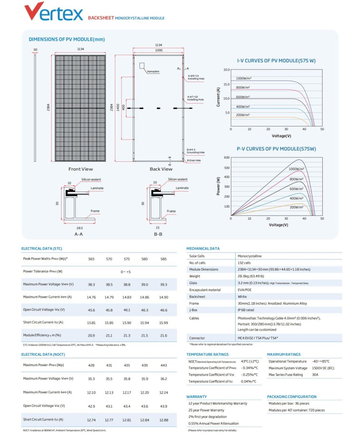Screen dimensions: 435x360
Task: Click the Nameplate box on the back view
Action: point(142,65)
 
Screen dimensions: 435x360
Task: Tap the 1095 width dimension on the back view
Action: point(159,50)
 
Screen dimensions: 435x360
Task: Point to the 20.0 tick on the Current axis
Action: point(226,70)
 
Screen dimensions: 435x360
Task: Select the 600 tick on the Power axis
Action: point(227,157)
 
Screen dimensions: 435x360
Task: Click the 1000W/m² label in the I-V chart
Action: point(244,78)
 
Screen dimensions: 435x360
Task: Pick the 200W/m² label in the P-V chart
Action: point(296,207)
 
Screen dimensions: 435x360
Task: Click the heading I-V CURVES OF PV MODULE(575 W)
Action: point(276,61)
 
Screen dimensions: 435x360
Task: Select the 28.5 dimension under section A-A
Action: point(79,228)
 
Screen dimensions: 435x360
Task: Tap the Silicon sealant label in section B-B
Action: point(177,179)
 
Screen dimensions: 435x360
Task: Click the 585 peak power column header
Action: point(163,259)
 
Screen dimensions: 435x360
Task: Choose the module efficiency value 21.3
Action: point(127,336)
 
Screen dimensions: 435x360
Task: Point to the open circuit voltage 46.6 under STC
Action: point(163,310)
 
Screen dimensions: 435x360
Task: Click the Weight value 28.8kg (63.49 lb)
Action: point(251,276)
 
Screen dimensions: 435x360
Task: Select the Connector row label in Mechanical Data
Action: point(197,338)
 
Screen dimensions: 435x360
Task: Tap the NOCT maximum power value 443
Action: point(163,365)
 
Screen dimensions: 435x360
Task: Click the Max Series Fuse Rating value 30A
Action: point(315,375)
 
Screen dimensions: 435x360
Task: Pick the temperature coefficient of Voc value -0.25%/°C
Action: point(249,375)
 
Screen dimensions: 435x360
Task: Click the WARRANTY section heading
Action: point(196,397)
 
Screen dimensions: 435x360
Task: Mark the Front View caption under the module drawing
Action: point(80,169)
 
